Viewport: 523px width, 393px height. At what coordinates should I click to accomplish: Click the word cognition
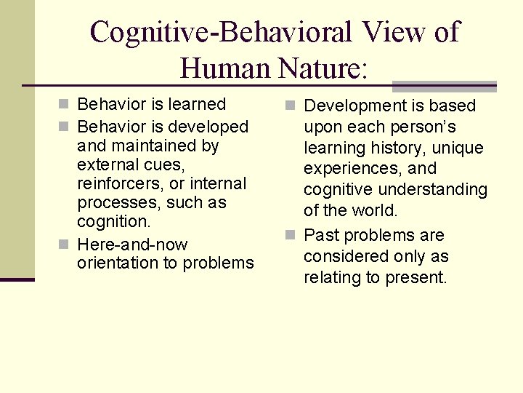point(113,221)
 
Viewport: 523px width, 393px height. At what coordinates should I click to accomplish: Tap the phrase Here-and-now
point(132,245)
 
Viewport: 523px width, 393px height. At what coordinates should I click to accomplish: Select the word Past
point(320,236)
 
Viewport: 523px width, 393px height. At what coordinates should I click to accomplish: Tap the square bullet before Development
point(292,106)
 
